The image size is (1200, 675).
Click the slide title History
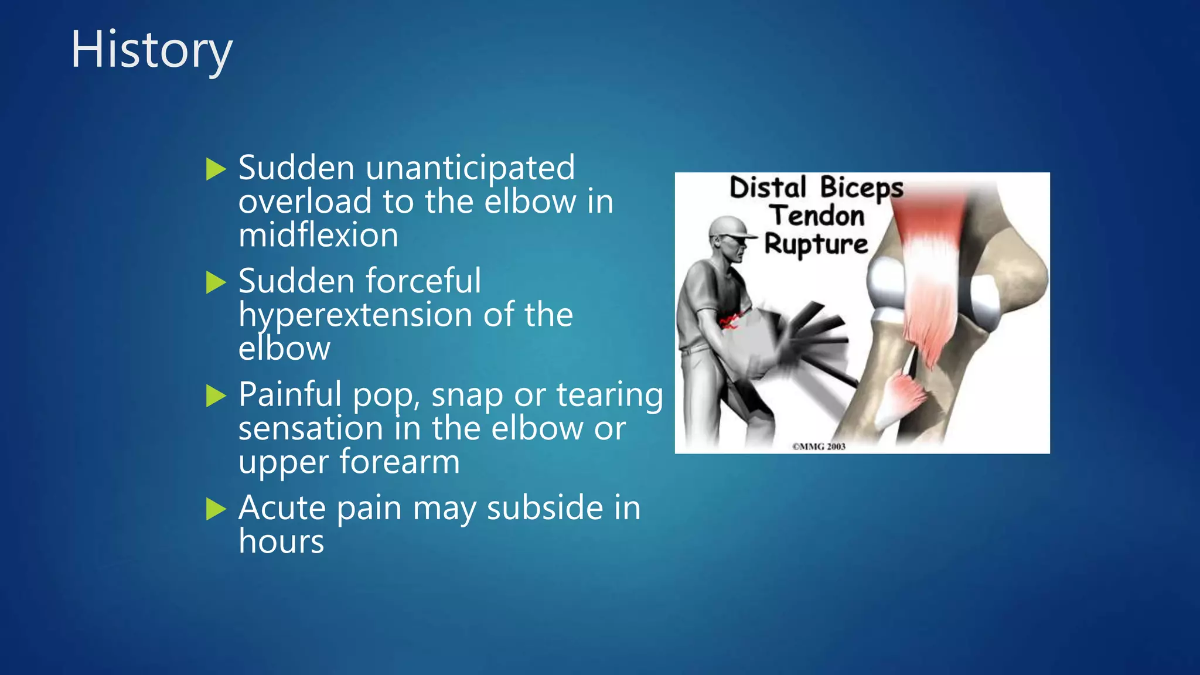152,50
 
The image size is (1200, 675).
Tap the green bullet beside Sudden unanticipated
216,169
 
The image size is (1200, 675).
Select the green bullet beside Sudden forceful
216,282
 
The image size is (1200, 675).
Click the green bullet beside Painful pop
216,396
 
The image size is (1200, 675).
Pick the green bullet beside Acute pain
216,509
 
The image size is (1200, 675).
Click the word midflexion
318,236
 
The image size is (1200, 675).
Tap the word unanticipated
470,168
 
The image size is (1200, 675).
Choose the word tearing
609,396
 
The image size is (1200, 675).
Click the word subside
544,507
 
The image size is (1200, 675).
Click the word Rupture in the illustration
816,244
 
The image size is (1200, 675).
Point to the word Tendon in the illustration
817,216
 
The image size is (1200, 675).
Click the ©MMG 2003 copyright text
819,446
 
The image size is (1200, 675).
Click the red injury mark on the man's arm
728,321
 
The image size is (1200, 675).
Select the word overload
305,202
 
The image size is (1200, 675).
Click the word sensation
311,429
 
